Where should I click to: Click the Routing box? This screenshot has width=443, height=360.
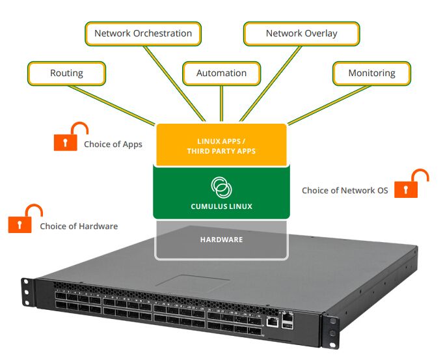click(66, 73)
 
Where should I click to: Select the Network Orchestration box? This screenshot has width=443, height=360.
click(143, 33)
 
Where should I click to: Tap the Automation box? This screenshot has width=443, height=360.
click(221, 73)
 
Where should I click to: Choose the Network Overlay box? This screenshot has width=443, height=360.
click(301, 33)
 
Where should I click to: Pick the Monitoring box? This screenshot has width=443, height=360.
click(371, 73)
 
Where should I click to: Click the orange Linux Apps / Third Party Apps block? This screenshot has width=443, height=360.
click(221, 145)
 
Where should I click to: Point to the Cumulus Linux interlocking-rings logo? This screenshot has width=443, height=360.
click(221, 187)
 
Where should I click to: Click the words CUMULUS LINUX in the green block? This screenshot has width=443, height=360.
click(221, 206)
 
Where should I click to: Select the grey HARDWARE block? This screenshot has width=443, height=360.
click(221, 240)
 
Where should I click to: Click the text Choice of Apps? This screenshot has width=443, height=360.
click(113, 145)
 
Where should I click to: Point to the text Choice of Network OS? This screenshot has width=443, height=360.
click(345, 191)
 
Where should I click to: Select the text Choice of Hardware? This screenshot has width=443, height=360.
click(79, 227)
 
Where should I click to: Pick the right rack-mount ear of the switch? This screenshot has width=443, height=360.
click(332, 329)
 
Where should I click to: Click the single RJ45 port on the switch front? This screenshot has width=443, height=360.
click(272, 321)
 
